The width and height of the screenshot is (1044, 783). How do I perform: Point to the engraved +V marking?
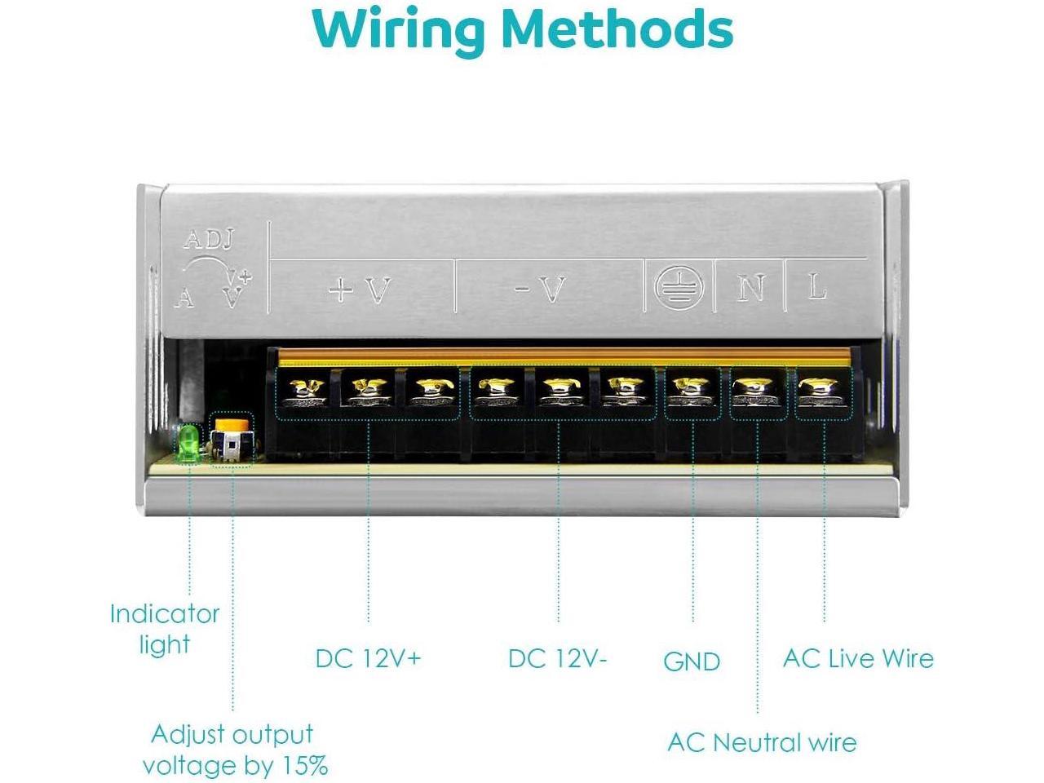[360, 290]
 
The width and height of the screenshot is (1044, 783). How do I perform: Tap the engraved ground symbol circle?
[679, 286]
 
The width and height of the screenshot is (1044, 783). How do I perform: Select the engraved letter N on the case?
[750, 287]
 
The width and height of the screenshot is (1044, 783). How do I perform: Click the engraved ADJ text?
[209, 240]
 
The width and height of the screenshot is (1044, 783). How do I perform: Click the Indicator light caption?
[165, 629]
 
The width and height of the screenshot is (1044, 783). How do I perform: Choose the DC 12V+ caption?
[368, 658]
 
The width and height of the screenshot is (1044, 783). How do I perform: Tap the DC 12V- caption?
[558, 658]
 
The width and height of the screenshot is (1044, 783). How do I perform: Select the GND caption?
[692, 661]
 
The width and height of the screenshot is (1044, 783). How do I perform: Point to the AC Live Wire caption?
[858, 658]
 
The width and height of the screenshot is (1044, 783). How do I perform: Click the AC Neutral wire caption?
[762, 742]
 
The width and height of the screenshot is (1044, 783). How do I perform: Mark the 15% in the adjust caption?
[306, 766]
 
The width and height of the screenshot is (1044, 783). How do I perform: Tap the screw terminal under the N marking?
[758, 393]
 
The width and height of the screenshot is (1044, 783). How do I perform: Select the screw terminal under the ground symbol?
[692, 393]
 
